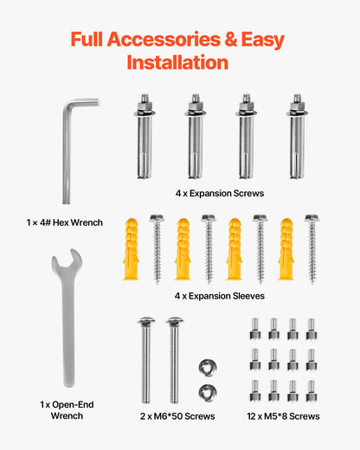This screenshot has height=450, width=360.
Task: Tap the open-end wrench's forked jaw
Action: pyautogui.click(x=66, y=266)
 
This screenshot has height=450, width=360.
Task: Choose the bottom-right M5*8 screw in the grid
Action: pyautogui.click(x=311, y=389)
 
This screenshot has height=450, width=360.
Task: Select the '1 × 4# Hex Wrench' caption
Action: pyautogui.click(x=65, y=222)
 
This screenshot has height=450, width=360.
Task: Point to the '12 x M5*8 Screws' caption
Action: pyautogui.click(x=282, y=416)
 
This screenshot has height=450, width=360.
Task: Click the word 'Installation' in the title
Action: pyautogui.click(x=177, y=62)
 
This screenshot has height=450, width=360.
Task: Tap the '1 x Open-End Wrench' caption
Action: pyautogui.click(x=67, y=410)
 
